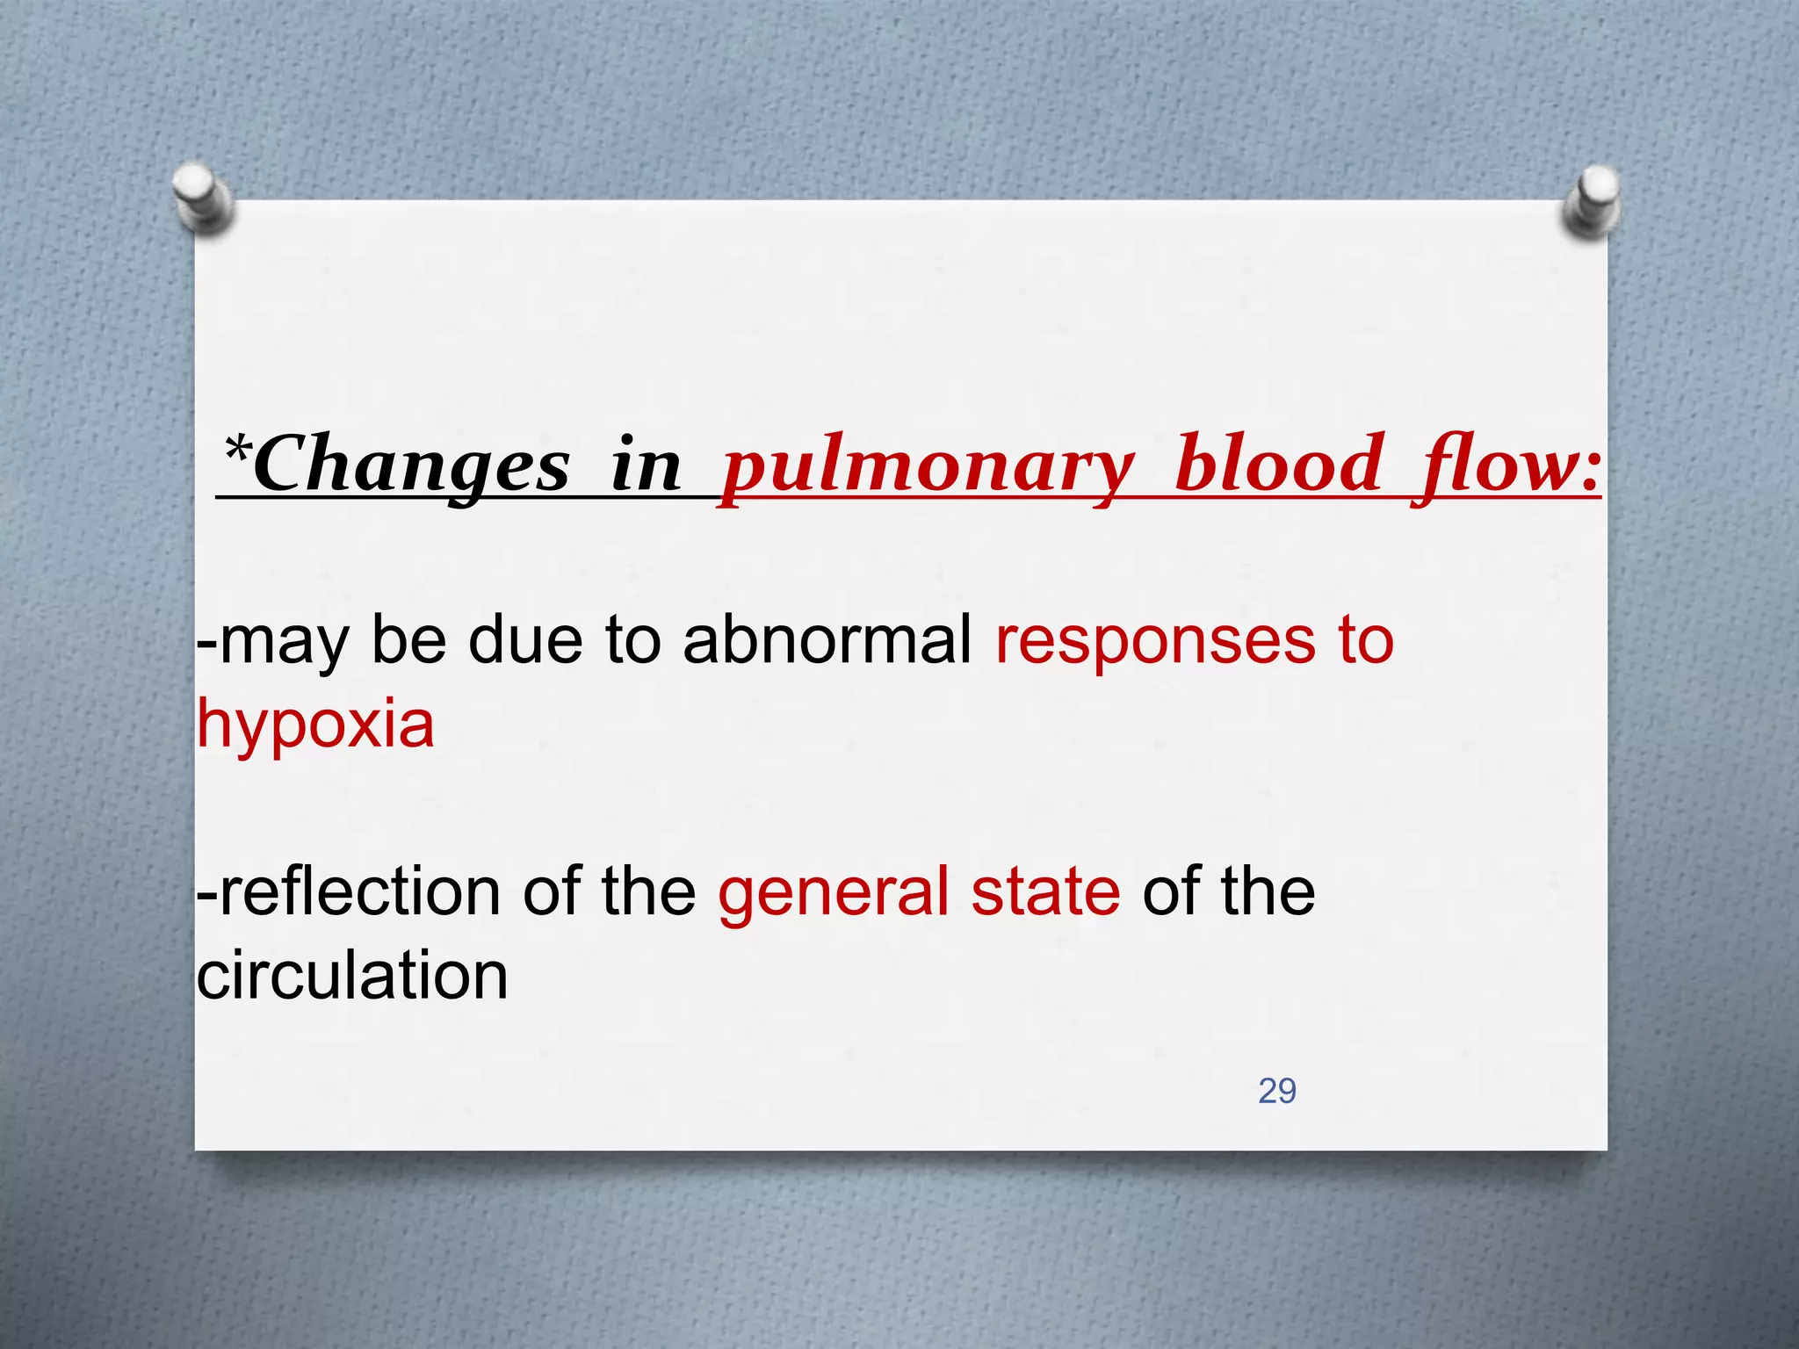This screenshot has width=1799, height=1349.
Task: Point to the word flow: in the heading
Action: pos(1506,465)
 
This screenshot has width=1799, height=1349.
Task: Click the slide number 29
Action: pos(1276,1091)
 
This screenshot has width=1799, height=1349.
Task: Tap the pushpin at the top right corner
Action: pos(1592,200)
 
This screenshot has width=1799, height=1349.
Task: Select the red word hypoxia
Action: pos(315,724)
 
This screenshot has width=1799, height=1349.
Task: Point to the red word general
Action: pos(834,892)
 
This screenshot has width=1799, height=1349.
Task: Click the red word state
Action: pos(1045,892)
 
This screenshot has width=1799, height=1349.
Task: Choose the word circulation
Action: pos(352,975)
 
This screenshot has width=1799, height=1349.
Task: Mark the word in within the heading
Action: pos(646,465)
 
